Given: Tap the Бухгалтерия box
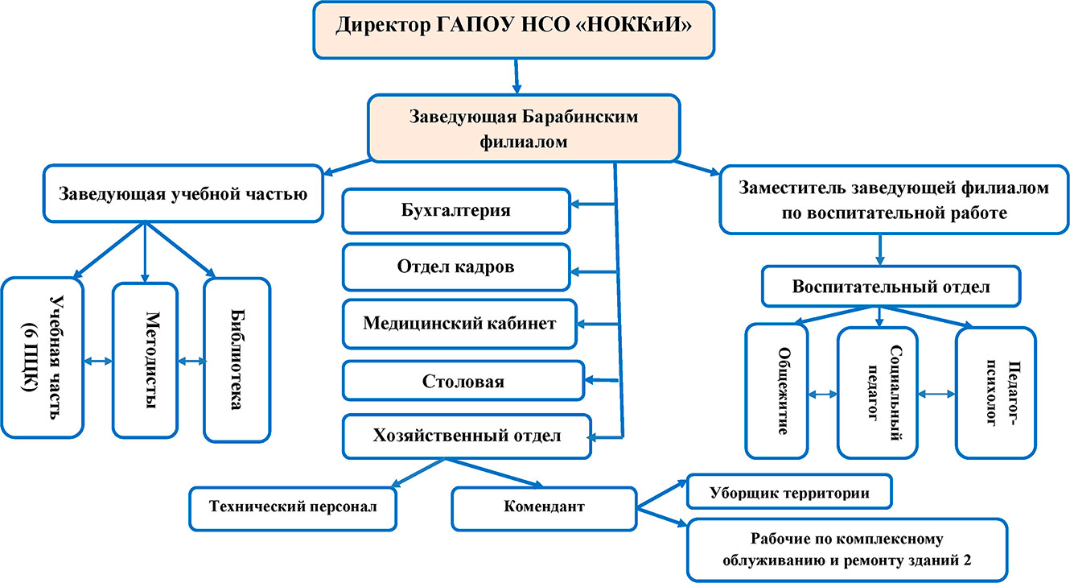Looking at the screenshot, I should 455,211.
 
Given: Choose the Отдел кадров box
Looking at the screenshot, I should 455,267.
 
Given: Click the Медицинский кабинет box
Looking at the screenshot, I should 459,323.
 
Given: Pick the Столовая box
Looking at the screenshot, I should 463,380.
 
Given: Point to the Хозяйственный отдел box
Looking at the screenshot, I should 467,436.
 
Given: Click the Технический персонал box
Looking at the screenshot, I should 293,508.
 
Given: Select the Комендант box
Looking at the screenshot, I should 544,508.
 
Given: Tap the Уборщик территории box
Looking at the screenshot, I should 789,491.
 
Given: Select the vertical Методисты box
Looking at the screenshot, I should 145,359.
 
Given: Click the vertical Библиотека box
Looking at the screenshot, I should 237,359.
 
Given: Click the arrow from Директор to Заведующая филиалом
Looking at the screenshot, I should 516,76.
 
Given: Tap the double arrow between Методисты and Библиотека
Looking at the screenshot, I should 191,362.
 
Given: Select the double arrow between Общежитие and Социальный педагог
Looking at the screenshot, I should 821,395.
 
